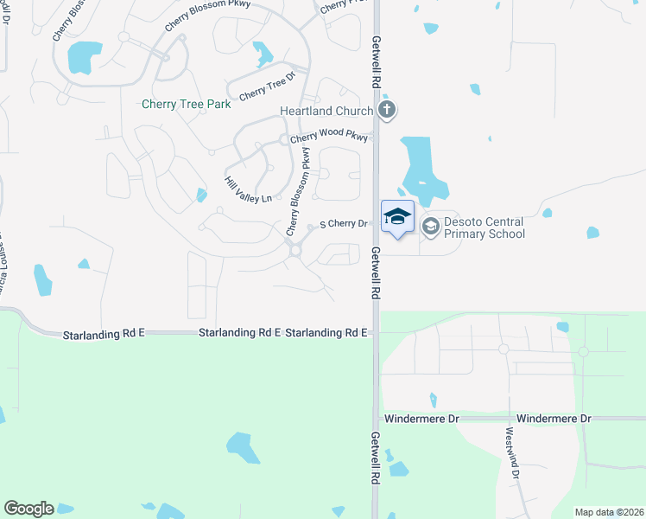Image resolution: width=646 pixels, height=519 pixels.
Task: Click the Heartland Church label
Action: (326, 111)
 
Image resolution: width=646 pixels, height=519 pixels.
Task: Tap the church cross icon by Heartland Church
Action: (387, 110)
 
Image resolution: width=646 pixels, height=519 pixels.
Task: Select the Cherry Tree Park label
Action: (187, 105)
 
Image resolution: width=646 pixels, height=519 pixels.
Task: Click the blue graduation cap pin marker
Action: (397, 217)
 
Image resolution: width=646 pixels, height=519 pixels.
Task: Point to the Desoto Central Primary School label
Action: (484, 227)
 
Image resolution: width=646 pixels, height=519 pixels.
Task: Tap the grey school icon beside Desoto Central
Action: (430, 225)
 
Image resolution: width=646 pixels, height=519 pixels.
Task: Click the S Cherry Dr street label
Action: (344, 224)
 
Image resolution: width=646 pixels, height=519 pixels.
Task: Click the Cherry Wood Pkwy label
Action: (329, 137)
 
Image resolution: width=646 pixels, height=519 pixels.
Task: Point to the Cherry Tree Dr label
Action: (267, 88)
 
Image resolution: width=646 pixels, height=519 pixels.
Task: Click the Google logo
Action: (28, 509)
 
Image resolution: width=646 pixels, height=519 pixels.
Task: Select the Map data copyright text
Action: (609, 512)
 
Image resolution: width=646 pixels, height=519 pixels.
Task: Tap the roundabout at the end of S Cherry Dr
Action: (295, 251)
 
